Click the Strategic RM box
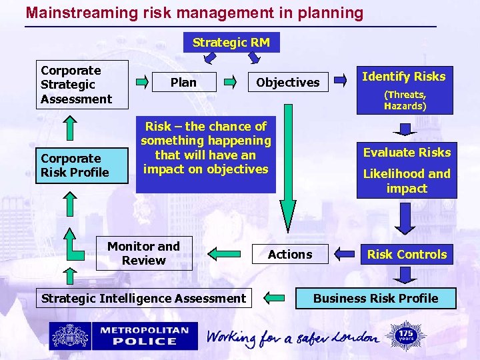click(x=231, y=43)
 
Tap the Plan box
click(x=183, y=83)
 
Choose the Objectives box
click(x=288, y=83)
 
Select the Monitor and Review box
click(x=144, y=253)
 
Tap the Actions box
click(x=290, y=254)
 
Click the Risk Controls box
click(x=407, y=254)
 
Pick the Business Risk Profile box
click(x=376, y=299)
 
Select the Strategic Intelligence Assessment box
click(x=143, y=299)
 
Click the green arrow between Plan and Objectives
click(x=230, y=83)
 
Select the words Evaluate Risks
click(x=407, y=153)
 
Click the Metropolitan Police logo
click(x=123, y=336)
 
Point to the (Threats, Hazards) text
click(x=405, y=100)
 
